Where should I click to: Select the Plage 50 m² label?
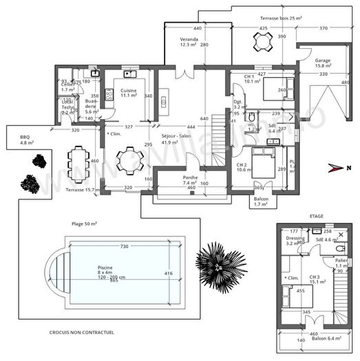click(x=85, y=224)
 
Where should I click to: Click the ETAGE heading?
click(x=316, y=216)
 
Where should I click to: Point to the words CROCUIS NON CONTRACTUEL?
click(x=81, y=332)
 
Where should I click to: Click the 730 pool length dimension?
click(x=125, y=246)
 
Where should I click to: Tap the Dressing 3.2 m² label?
click(x=295, y=241)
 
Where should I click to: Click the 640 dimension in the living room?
click(x=204, y=118)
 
